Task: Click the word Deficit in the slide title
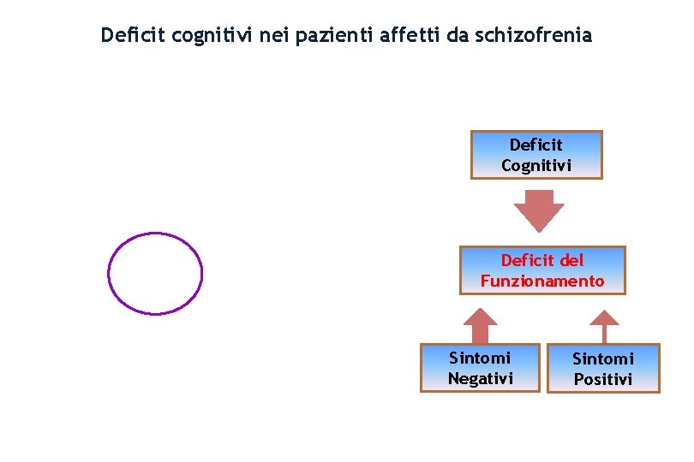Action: (x=132, y=36)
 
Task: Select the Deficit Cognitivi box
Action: (x=536, y=155)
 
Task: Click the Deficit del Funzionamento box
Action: (x=542, y=270)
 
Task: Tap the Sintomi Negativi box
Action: (x=480, y=368)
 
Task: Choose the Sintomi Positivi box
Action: (x=603, y=369)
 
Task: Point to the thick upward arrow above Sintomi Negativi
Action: (x=481, y=325)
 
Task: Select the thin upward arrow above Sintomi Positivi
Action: (x=604, y=325)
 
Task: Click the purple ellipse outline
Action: (x=108, y=274)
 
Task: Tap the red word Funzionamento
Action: (x=542, y=281)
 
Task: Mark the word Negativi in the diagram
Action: (x=480, y=378)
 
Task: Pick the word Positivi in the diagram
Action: (x=603, y=379)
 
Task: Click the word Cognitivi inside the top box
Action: (x=536, y=165)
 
